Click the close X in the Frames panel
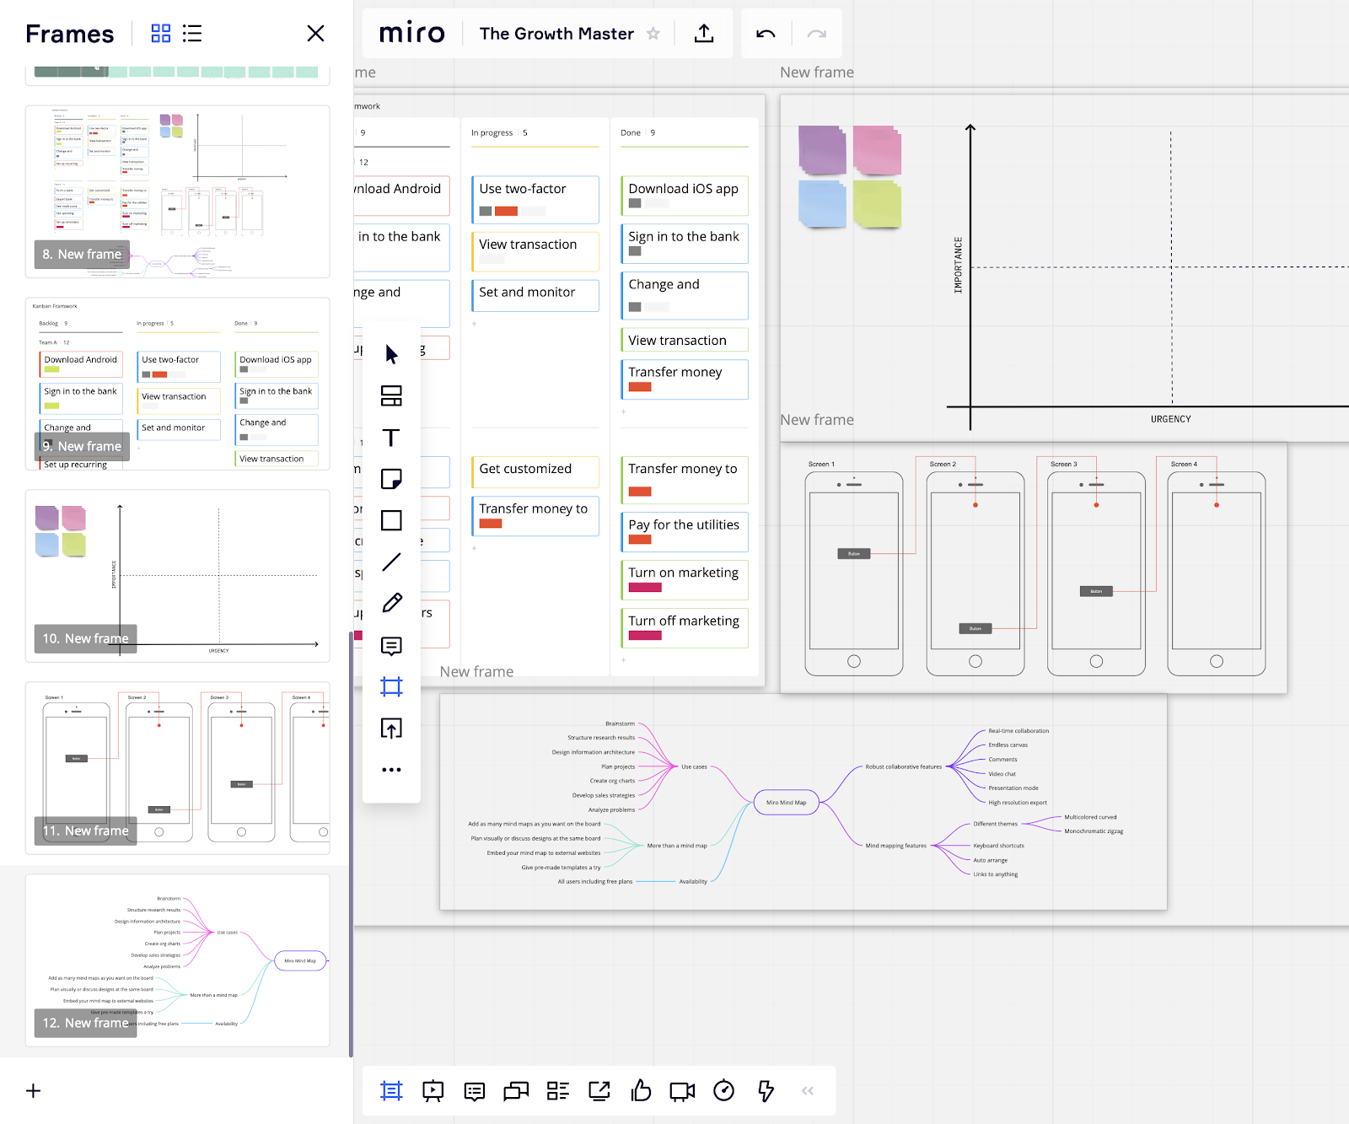315,33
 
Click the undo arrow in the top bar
766,34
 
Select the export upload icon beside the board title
704,34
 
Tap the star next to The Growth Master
653,34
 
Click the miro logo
411,33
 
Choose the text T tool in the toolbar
391,438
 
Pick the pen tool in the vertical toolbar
391,603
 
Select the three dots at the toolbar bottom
391,770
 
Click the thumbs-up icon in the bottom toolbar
641,1091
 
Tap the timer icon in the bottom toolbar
723,1091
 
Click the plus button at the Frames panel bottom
34,1091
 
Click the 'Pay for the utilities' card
684,531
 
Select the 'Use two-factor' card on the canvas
535,198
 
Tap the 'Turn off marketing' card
684,627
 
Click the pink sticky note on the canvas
877,150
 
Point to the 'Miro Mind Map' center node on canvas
786,803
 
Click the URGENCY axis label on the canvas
1170,419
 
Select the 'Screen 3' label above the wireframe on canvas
1063,464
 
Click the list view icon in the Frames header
192,34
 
